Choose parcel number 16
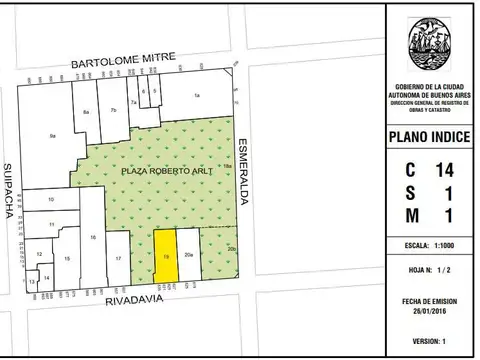(x=92, y=237)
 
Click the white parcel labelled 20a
(x=189, y=255)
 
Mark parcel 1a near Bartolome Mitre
(x=197, y=95)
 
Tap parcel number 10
(x=51, y=200)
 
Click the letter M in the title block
(x=411, y=215)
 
